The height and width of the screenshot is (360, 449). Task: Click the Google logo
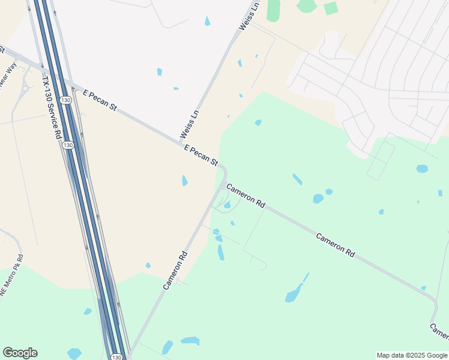[20, 353]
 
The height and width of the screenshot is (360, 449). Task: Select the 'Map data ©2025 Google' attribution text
[412, 355]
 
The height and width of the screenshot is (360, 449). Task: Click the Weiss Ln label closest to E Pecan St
[189, 123]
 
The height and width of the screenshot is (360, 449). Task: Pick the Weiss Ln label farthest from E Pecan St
[249, 16]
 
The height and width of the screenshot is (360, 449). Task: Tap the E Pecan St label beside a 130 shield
[100, 100]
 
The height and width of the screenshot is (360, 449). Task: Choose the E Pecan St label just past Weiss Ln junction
[200, 155]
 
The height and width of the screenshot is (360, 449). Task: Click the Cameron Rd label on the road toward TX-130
[175, 270]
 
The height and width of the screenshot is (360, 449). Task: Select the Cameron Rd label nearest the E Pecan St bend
[246, 196]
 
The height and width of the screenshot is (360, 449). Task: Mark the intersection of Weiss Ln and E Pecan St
[181, 143]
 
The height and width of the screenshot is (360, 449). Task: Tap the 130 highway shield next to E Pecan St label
[66, 99]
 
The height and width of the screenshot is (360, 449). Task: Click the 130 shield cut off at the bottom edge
[117, 357]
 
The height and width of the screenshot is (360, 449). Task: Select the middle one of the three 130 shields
[68, 145]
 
